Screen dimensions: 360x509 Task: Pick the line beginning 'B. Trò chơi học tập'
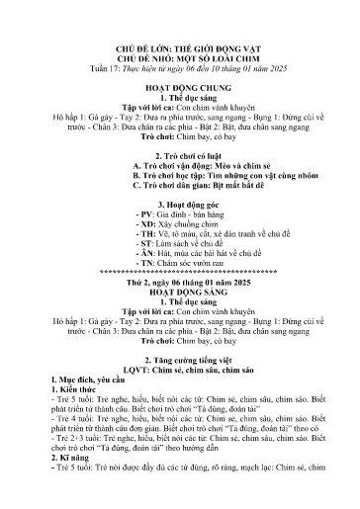point(179,183)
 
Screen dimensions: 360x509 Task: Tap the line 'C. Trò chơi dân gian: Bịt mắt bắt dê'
point(179,194)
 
